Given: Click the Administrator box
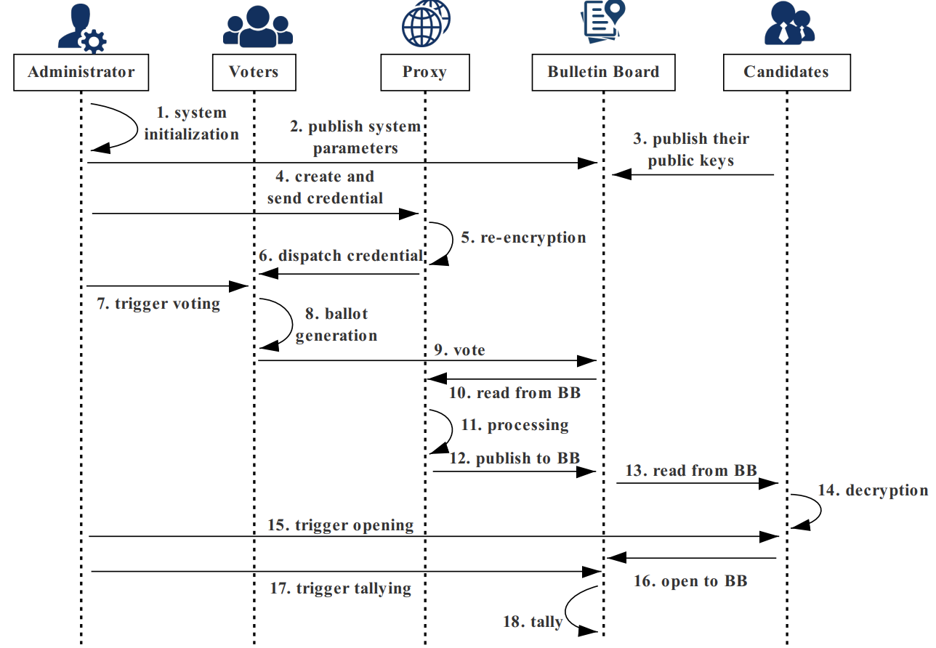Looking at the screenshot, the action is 81,72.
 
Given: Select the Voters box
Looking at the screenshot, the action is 254,72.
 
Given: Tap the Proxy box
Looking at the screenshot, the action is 425,72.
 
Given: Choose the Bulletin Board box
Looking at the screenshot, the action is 603,72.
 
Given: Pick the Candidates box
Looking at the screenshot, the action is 787,72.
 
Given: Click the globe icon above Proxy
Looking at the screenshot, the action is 426,23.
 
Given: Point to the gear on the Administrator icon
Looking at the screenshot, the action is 93,41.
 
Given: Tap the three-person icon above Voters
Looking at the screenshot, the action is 258,26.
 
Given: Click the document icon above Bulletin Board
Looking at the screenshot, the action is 602,21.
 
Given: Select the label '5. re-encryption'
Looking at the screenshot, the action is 523,238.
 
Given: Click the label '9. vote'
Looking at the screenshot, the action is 459,349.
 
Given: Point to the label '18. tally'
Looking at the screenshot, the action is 533,622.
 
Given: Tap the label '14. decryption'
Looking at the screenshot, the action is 873,490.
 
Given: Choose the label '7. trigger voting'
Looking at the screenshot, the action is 158,304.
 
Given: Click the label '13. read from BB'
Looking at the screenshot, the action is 691,471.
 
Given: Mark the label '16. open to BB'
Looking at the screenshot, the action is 690,581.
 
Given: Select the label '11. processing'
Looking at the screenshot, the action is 515,425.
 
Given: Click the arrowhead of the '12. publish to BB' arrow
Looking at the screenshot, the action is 586,472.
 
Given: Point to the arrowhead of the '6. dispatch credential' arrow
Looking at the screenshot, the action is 268,274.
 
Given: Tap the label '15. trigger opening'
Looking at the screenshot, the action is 341,525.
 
